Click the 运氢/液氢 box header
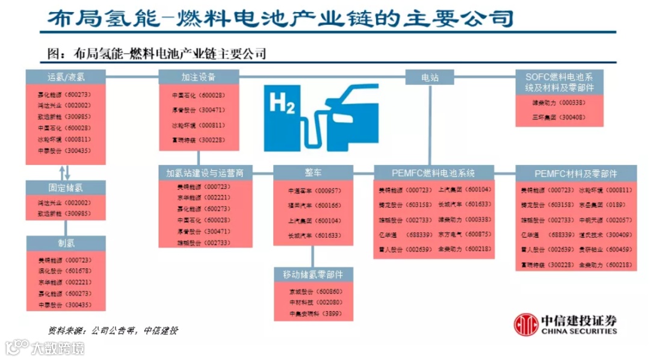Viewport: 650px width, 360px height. (66, 77)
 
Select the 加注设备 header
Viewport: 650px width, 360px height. (199, 77)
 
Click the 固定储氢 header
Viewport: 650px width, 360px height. (66, 187)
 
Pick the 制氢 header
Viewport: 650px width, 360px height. (66, 243)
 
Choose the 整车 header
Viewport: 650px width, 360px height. (313, 173)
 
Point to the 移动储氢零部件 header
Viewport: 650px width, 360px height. (313, 274)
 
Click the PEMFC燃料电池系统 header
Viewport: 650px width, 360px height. (433, 173)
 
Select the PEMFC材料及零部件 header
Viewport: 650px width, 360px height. (575, 173)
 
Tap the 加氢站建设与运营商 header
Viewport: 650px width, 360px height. (205, 173)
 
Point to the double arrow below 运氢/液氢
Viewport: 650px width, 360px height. (66, 172)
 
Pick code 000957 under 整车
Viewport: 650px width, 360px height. (328, 191)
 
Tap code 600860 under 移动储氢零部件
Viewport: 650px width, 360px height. (329, 291)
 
